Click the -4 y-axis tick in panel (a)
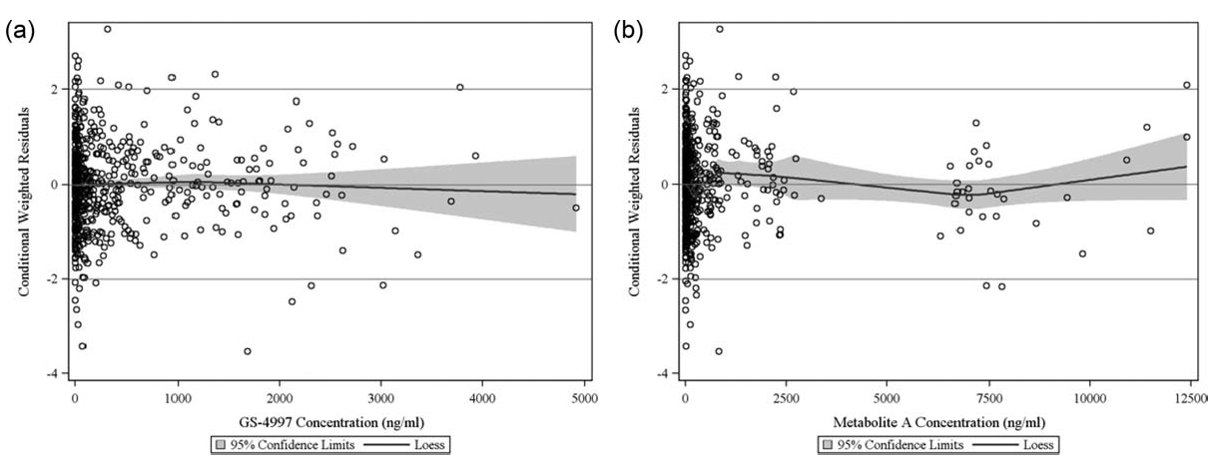pyautogui.click(x=58, y=374)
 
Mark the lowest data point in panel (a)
pyautogui.click(x=247, y=351)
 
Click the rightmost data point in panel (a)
pyautogui.click(x=575, y=208)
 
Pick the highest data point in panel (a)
pyautogui.click(x=107, y=29)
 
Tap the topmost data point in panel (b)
pyautogui.click(x=719, y=29)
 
